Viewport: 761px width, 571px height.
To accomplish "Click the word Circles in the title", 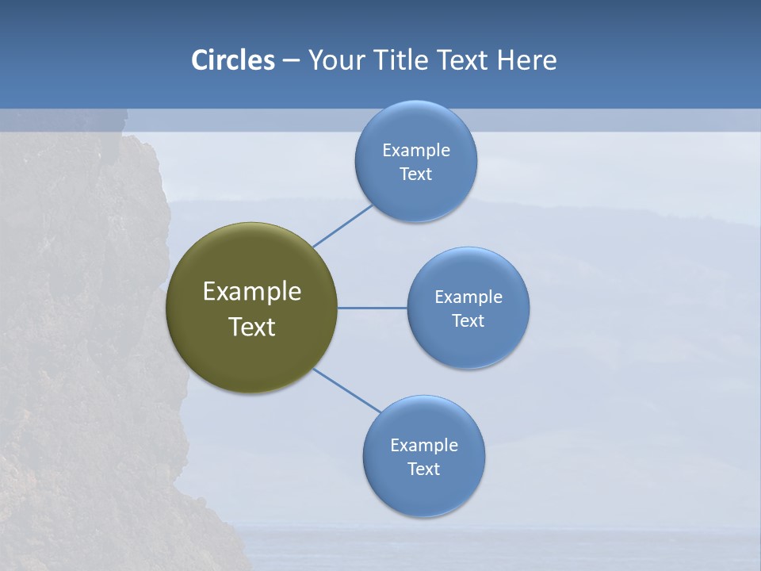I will pos(233,60).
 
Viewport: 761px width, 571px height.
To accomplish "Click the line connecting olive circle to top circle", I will pos(342,225).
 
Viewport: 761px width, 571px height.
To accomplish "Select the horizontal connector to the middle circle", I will pos(372,308).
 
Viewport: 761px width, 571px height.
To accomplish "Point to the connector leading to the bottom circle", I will pos(347,390).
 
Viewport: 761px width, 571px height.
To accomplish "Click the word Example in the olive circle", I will pos(252,292).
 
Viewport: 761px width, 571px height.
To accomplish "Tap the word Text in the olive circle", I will pos(252,327).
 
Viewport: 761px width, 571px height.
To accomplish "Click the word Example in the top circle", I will pos(416,151).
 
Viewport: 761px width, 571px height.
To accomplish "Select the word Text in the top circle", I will pos(415,174).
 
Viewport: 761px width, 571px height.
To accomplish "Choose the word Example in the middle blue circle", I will pos(468,297).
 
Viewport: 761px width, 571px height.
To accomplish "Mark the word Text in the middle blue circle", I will pos(468,321).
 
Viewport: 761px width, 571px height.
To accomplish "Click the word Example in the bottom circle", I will pos(424,446).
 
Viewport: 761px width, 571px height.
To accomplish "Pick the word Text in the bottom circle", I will pos(423,469).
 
